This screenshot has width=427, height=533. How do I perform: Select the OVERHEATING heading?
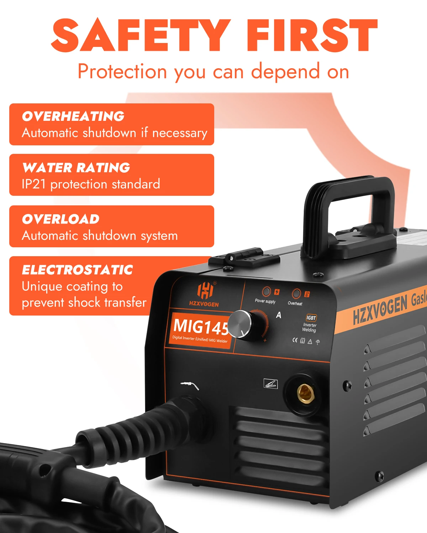73,116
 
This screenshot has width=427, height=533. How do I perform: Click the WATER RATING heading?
76,167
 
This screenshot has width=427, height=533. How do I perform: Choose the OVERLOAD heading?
60,219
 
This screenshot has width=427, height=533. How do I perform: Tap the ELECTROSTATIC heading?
77,270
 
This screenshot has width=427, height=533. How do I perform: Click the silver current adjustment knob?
240,324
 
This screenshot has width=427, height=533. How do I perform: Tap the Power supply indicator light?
266,292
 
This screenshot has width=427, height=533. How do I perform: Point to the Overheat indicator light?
296,294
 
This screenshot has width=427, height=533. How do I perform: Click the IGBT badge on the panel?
311,318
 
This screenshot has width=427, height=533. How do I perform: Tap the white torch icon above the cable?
189,384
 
